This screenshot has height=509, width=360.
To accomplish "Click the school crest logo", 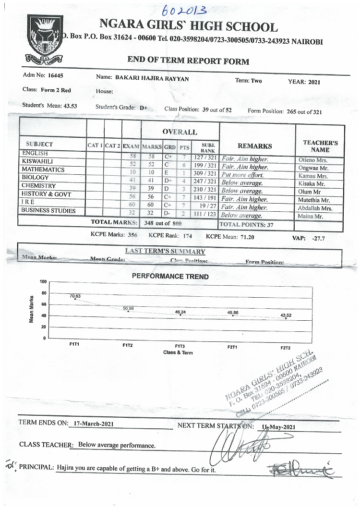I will [x=45, y=38].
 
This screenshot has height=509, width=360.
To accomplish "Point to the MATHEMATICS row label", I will [x=43, y=170].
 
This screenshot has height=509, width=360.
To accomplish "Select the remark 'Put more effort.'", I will [x=242, y=175].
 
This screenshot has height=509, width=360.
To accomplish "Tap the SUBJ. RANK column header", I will [x=207, y=147].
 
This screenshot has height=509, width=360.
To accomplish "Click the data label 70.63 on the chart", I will [x=75, y=296].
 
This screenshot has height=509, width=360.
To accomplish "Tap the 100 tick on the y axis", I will [x=42, y=282].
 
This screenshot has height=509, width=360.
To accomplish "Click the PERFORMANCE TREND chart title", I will [x=170, y=277].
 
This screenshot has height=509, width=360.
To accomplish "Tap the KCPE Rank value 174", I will [x=187, y=236].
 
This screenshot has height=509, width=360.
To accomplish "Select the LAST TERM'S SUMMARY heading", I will [x=165, y=252].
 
